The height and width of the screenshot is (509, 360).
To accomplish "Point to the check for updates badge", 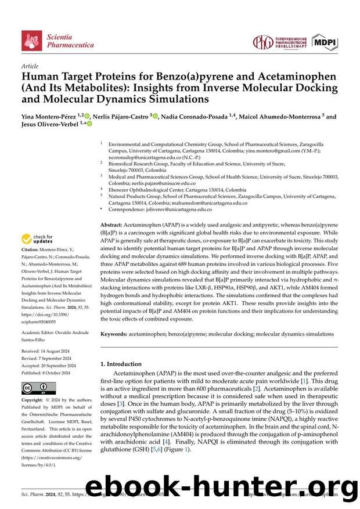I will (37, 239).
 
